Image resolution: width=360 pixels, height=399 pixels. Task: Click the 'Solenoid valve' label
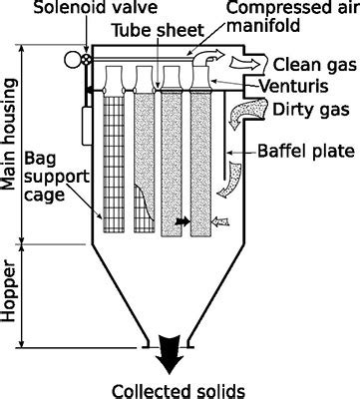(x=96, y=7)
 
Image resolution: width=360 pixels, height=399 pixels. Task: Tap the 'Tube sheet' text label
(x=158, y=31)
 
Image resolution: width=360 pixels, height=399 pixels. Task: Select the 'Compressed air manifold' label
(x=292, y=17)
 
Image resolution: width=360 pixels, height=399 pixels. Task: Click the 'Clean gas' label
(x=314, y=64)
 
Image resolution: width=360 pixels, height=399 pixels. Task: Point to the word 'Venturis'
(x=293, y=86)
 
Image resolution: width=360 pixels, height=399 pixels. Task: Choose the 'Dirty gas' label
(x=311, y=109)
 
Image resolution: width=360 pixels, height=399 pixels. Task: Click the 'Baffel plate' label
(x=306, y=151)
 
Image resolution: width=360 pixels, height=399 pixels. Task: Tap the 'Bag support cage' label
(x=57, y=177)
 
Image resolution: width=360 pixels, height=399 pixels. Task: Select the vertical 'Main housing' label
(x=9, y=135)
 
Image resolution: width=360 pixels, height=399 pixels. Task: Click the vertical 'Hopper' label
(x=9, y=293)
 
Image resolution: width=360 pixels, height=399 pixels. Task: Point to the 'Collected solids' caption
(x=179, y=392)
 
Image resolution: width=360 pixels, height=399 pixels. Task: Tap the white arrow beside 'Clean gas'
(x=244, y=63)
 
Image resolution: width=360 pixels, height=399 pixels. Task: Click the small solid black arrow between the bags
(x=182, y=221)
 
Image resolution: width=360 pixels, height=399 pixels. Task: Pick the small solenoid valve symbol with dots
(x=86, y=60)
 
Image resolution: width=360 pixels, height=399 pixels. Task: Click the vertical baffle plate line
(x=224, y=136)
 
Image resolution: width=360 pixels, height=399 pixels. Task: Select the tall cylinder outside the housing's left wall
(x=87, y=126)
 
